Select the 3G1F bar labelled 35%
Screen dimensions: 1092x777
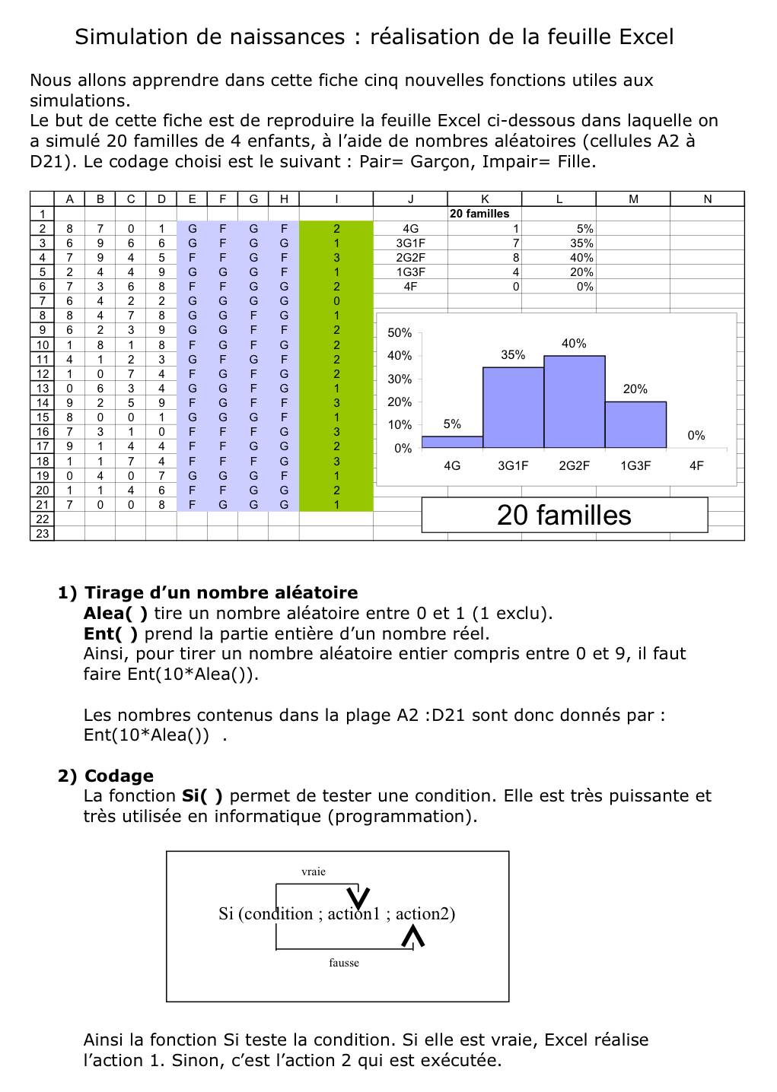click(513, 408)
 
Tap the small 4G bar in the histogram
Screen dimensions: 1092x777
click(452, 442)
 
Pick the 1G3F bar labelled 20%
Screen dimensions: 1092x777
click(635, 424)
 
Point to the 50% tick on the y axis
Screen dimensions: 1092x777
click(400, 333)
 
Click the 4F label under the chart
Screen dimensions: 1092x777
click(696, 465)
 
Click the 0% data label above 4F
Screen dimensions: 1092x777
click(696, 436)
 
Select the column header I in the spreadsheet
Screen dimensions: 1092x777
click(336, 199)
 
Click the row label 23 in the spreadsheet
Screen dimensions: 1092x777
click(43, 534)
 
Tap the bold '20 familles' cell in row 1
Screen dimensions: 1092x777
click(479, 214)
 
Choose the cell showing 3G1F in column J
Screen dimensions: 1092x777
click(410, 243)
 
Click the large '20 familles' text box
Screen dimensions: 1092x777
click(564, 516)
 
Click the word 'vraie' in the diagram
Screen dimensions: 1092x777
click(314, 872)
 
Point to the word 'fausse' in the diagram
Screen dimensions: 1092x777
click(344, 963)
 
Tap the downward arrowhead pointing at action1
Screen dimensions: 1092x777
click(358, 898)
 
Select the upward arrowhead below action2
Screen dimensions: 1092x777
click(412, 936)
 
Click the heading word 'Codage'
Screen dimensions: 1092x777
click(119, 776)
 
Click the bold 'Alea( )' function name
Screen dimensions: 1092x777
click(116, 614)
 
